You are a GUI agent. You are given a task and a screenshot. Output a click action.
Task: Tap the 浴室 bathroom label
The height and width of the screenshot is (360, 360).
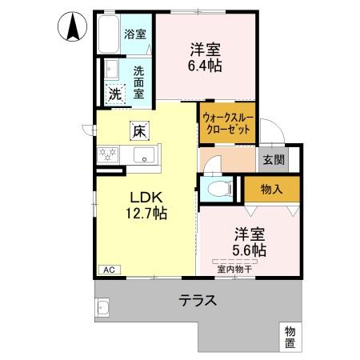(x=135, y=34)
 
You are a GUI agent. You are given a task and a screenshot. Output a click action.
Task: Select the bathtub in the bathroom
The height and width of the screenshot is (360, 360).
(x=109, y=34)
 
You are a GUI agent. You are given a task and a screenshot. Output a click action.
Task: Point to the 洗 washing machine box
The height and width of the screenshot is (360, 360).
(x=115, y=93)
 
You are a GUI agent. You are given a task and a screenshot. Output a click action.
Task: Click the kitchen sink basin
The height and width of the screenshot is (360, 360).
(x=144, y=154)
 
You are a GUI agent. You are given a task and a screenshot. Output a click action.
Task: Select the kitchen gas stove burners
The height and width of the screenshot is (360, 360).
(x=107, y=154)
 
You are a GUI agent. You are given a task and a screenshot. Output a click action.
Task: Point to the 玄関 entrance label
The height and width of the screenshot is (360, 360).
(x=274, y=158)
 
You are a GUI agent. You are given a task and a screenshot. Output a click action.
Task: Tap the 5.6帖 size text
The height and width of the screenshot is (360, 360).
(x=250, y=250)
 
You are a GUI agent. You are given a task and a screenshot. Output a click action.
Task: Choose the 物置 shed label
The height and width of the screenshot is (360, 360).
(x=289, y=337)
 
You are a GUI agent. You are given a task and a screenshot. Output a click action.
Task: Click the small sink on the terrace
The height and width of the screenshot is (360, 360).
(x=103, y=306)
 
